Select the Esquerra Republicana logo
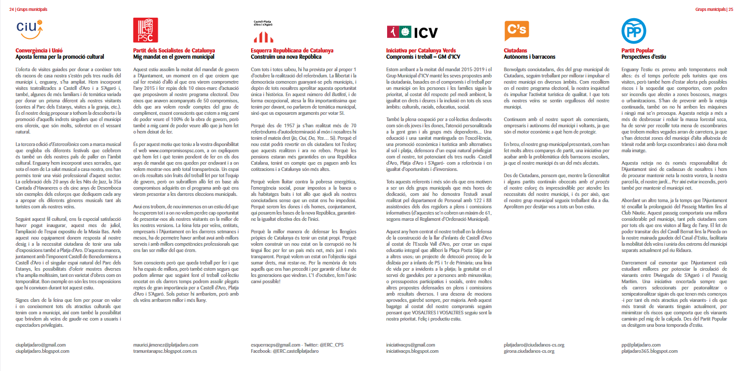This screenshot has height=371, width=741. (263, 32)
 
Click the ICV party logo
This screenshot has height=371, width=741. (412, 32)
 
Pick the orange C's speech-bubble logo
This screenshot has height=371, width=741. (517, 31)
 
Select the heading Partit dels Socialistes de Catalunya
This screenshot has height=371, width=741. (174, 50)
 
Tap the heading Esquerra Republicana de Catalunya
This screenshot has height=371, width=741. (292, 50)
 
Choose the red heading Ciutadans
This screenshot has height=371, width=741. (516, 50)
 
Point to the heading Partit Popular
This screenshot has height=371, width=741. (638, 50)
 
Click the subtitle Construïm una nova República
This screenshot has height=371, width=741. (286, 56)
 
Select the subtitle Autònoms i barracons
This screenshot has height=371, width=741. (529, 56)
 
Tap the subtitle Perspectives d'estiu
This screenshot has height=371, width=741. (643, 56)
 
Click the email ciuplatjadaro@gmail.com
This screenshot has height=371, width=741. (41, 344)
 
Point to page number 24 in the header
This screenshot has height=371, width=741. (11, 9)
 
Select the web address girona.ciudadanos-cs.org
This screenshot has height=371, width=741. (534, 351)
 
